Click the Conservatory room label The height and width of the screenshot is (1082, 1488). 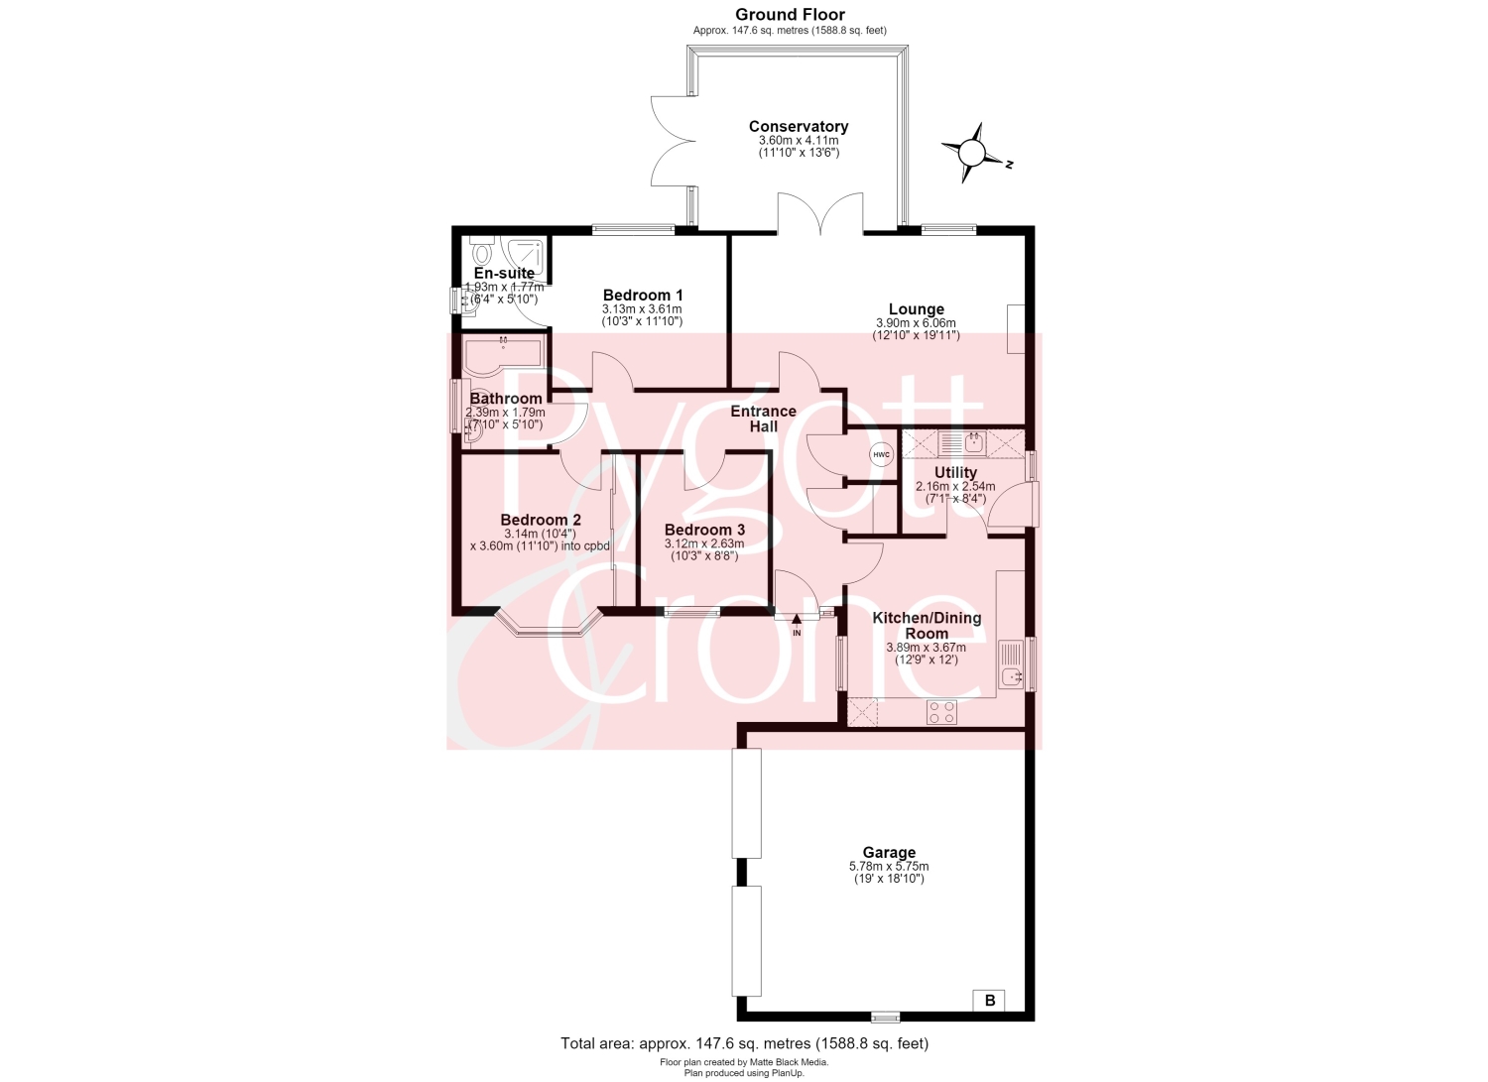pos(799,126)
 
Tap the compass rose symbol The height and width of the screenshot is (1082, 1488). pos(972,154)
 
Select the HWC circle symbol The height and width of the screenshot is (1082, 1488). pos(882,455)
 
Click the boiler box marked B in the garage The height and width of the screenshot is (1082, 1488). pos(989,1001)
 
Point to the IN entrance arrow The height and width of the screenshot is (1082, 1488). pos(797,625)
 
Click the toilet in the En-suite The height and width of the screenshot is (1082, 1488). pos(481,250)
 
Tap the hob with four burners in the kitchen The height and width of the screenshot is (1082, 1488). pos(942,713)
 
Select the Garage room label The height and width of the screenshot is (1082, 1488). pos(889,852)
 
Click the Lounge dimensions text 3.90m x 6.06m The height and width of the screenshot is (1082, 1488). pos(916,323)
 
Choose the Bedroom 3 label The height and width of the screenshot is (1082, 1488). pos(704,530)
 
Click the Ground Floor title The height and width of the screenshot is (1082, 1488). pos(790,15)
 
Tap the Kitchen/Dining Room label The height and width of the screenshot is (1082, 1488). pos(927,626)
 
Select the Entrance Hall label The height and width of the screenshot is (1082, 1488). pos(763,420)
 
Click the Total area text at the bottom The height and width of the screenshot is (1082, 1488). pos(745,1043)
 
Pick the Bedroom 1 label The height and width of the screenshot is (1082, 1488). pos(643,295)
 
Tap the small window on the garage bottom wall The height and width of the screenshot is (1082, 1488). pos(886,1017)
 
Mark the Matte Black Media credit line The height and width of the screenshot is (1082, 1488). pos(744,1062)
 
